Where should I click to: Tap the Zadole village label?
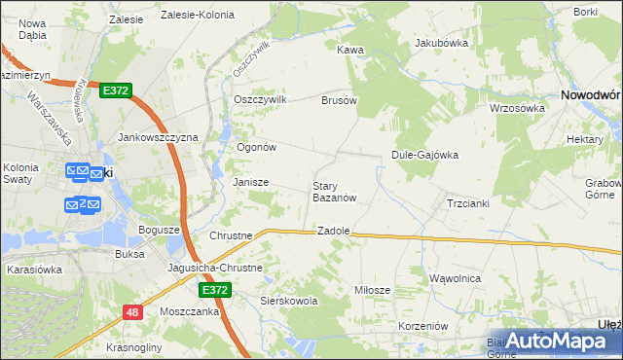tap(333, 232)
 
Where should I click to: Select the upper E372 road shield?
tap(116, 90)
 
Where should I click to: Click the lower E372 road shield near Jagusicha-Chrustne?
tap(215, 290)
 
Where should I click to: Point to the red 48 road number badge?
tap(132, 311)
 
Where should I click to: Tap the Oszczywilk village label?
tap(260, 99)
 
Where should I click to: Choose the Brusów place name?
tap(340, 99)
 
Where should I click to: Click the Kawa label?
tap(349, 49)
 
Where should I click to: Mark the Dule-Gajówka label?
tap(424, 154)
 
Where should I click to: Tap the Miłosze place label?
tap(372, 290)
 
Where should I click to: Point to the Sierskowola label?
tap(289, 302)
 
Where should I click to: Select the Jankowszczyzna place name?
tap(158, 137)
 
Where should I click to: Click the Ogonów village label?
tap(258, 147)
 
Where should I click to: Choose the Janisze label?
tap(250, 182)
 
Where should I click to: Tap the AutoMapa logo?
tap(555, 341)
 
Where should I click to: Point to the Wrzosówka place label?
tap(516, 108)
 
